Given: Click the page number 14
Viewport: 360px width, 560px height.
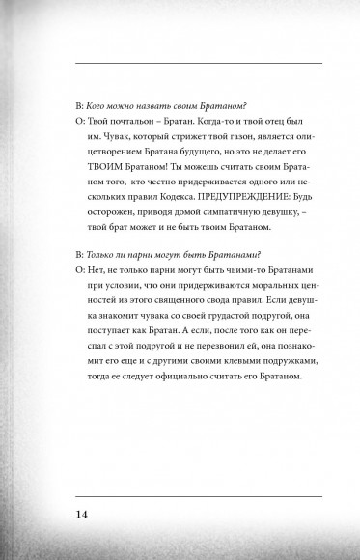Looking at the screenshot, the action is [84, 512].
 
